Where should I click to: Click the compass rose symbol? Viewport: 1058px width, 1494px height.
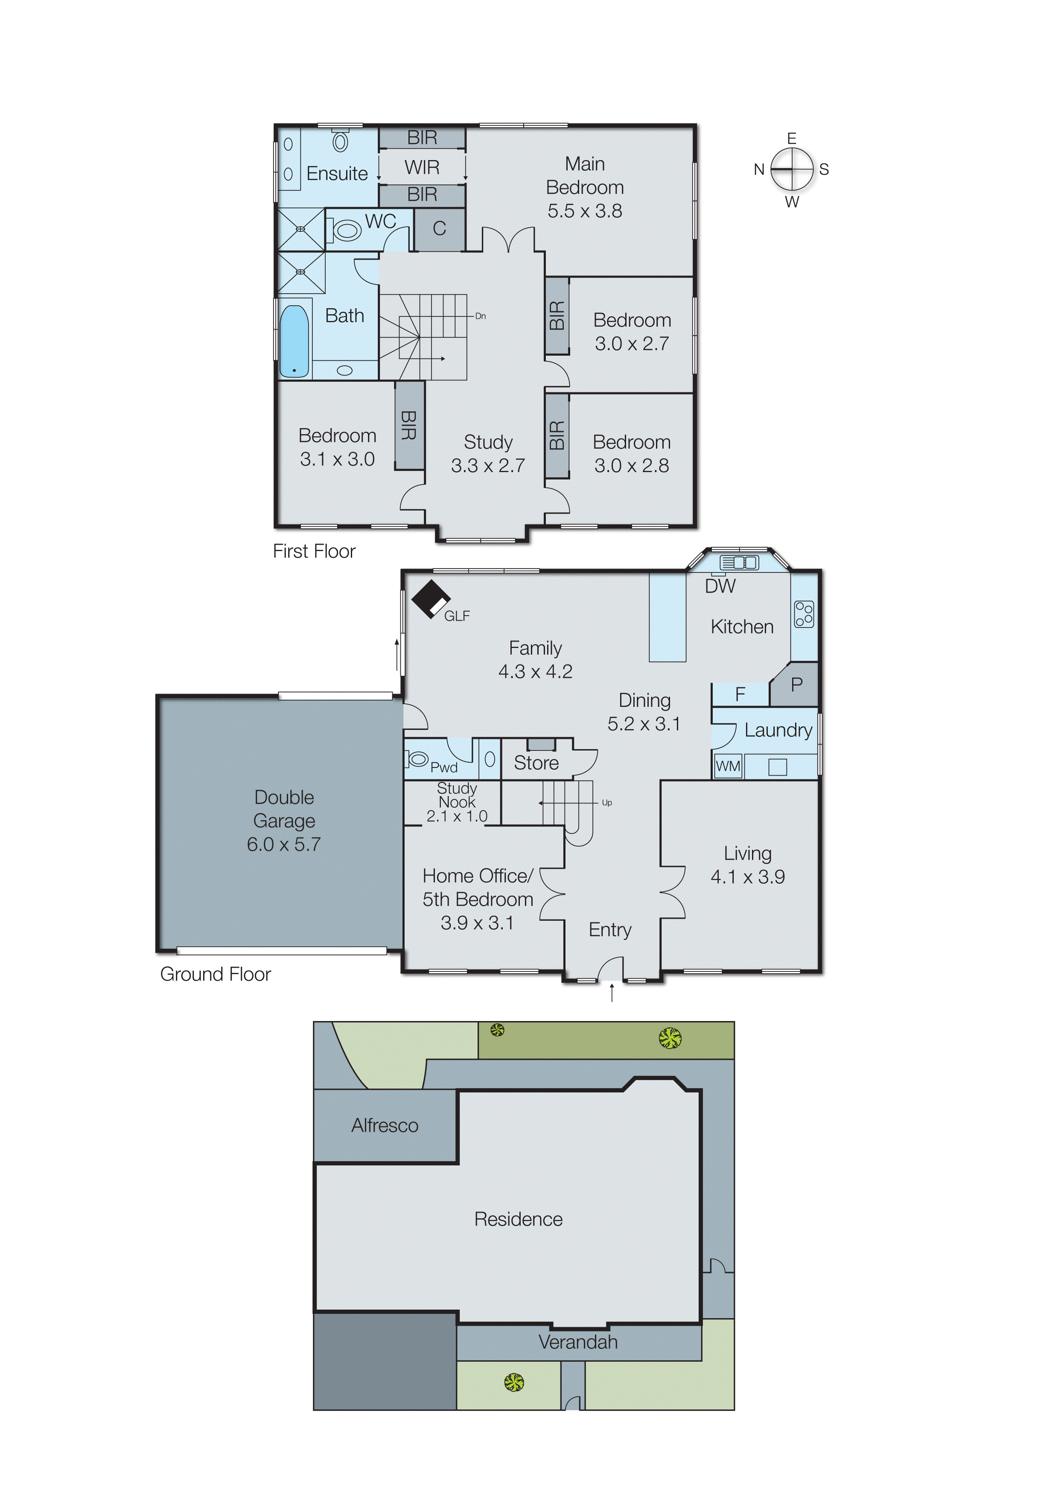pos(792,169)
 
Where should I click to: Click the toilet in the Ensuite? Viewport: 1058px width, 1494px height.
pos(340,141)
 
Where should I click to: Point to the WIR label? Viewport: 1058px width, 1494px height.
pos(422,167)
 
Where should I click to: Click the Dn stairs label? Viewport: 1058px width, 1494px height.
pos(480,316)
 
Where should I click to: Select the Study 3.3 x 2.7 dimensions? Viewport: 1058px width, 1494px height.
pos(488,466)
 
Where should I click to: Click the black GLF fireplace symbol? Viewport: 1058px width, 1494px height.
pos(429,598)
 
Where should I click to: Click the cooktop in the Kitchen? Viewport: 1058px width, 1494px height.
pos(804,614)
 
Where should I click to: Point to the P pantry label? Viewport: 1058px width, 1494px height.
pos(796,685)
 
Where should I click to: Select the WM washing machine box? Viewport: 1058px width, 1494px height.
pos(728,766)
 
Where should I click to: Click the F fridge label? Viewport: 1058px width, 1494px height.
pos(740,694)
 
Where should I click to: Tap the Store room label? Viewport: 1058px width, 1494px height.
pos(536,763)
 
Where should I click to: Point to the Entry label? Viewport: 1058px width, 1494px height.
pos(610,930)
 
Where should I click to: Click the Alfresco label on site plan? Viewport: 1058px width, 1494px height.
pos(385,1125)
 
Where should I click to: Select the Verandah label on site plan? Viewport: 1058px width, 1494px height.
pos(578,1342)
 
